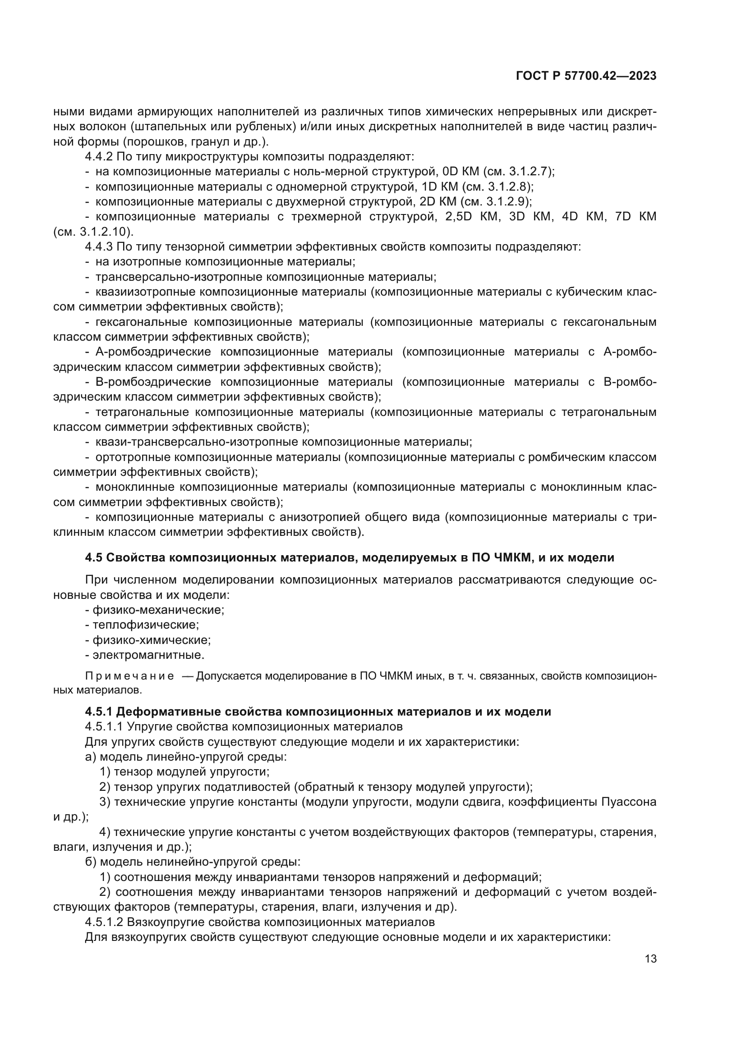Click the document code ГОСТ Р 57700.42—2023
coord(586,76)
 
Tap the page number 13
coord(650,959)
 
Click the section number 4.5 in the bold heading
coord(94,558)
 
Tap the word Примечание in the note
coord(129,677)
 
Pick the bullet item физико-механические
coord(158,610)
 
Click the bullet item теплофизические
coord(146,625)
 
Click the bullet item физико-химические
coord(152,640)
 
